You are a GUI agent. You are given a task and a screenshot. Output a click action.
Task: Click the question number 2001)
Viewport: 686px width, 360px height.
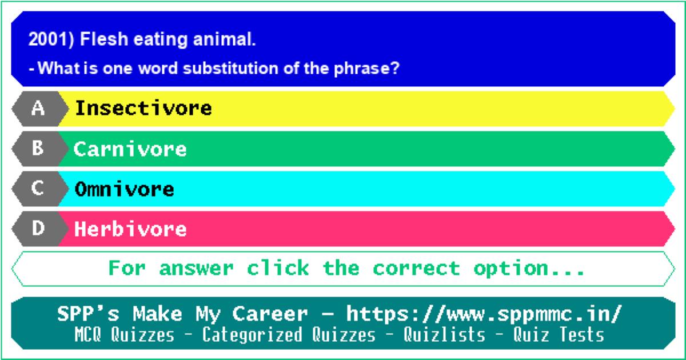tap(51, 39)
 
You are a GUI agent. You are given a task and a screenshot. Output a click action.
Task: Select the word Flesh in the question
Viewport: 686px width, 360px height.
tap(104, 39)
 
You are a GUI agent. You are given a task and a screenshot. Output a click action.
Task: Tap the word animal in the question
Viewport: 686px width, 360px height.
tap(224, 39)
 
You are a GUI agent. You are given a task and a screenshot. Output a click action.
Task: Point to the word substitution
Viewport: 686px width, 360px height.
tap(230, 68)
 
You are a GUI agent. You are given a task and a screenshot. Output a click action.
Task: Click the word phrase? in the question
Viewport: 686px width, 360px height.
tap(366, 69)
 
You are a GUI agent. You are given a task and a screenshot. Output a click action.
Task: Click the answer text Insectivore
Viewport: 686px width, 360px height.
tap(143, 108)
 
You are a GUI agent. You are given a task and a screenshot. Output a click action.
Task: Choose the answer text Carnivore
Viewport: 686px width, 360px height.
tap(130, 149)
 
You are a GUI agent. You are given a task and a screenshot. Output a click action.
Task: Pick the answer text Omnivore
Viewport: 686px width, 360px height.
tap(125, 189)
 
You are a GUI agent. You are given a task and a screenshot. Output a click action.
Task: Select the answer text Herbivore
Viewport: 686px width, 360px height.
tap(130, 229)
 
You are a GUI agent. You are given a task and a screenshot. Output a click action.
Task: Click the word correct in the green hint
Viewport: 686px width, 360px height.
tap(416, 269)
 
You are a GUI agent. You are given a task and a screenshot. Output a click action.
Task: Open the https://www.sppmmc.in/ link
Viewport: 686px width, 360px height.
tap(484, 314)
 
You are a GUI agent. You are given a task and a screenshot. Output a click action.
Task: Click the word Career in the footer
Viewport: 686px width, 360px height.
tap(270, 314)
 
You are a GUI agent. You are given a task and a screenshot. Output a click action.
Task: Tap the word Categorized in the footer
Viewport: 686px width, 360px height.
tap(252, 335)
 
